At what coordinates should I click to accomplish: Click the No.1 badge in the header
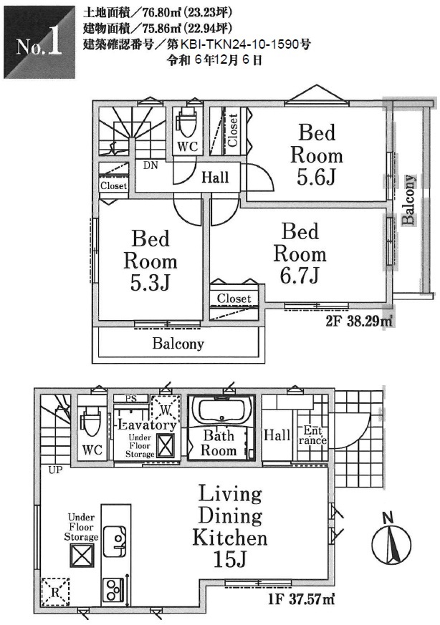click(x=39, y=42)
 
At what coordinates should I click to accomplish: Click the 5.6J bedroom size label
click(x=316, y=178)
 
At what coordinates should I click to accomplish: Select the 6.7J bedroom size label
click(x=299, y=276)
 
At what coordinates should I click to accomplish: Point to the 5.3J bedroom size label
click(x=150, y=282)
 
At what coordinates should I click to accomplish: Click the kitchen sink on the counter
click(x=115, y=541)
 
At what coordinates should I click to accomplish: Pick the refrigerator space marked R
click(x=55, y=592)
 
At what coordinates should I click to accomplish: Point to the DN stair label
click(x=150, y=165)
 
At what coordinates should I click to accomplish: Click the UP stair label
click(x=55, y=470)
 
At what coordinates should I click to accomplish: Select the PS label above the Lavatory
click(x=131, y=398)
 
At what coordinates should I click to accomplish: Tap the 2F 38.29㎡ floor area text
click(x=359, y=321)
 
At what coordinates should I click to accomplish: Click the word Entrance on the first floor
click(x=312, y=435)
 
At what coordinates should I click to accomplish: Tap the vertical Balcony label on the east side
click(x=408, y=200)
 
